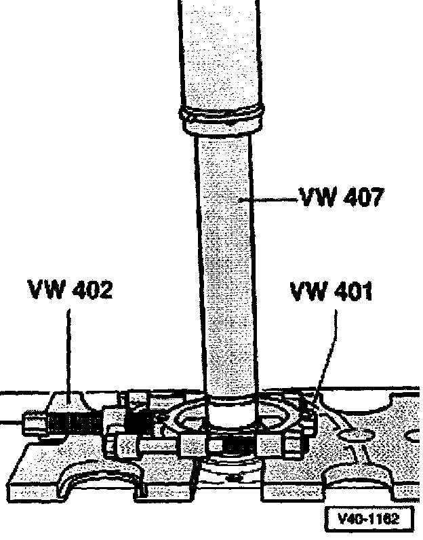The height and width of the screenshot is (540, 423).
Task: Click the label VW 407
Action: (342, 199)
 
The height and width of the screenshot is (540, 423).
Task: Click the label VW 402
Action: (70, 290)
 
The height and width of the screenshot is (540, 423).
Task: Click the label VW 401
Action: (331, 292)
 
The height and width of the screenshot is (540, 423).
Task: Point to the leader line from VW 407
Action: (271, 200)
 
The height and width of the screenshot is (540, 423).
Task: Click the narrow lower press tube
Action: (227, 271)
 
